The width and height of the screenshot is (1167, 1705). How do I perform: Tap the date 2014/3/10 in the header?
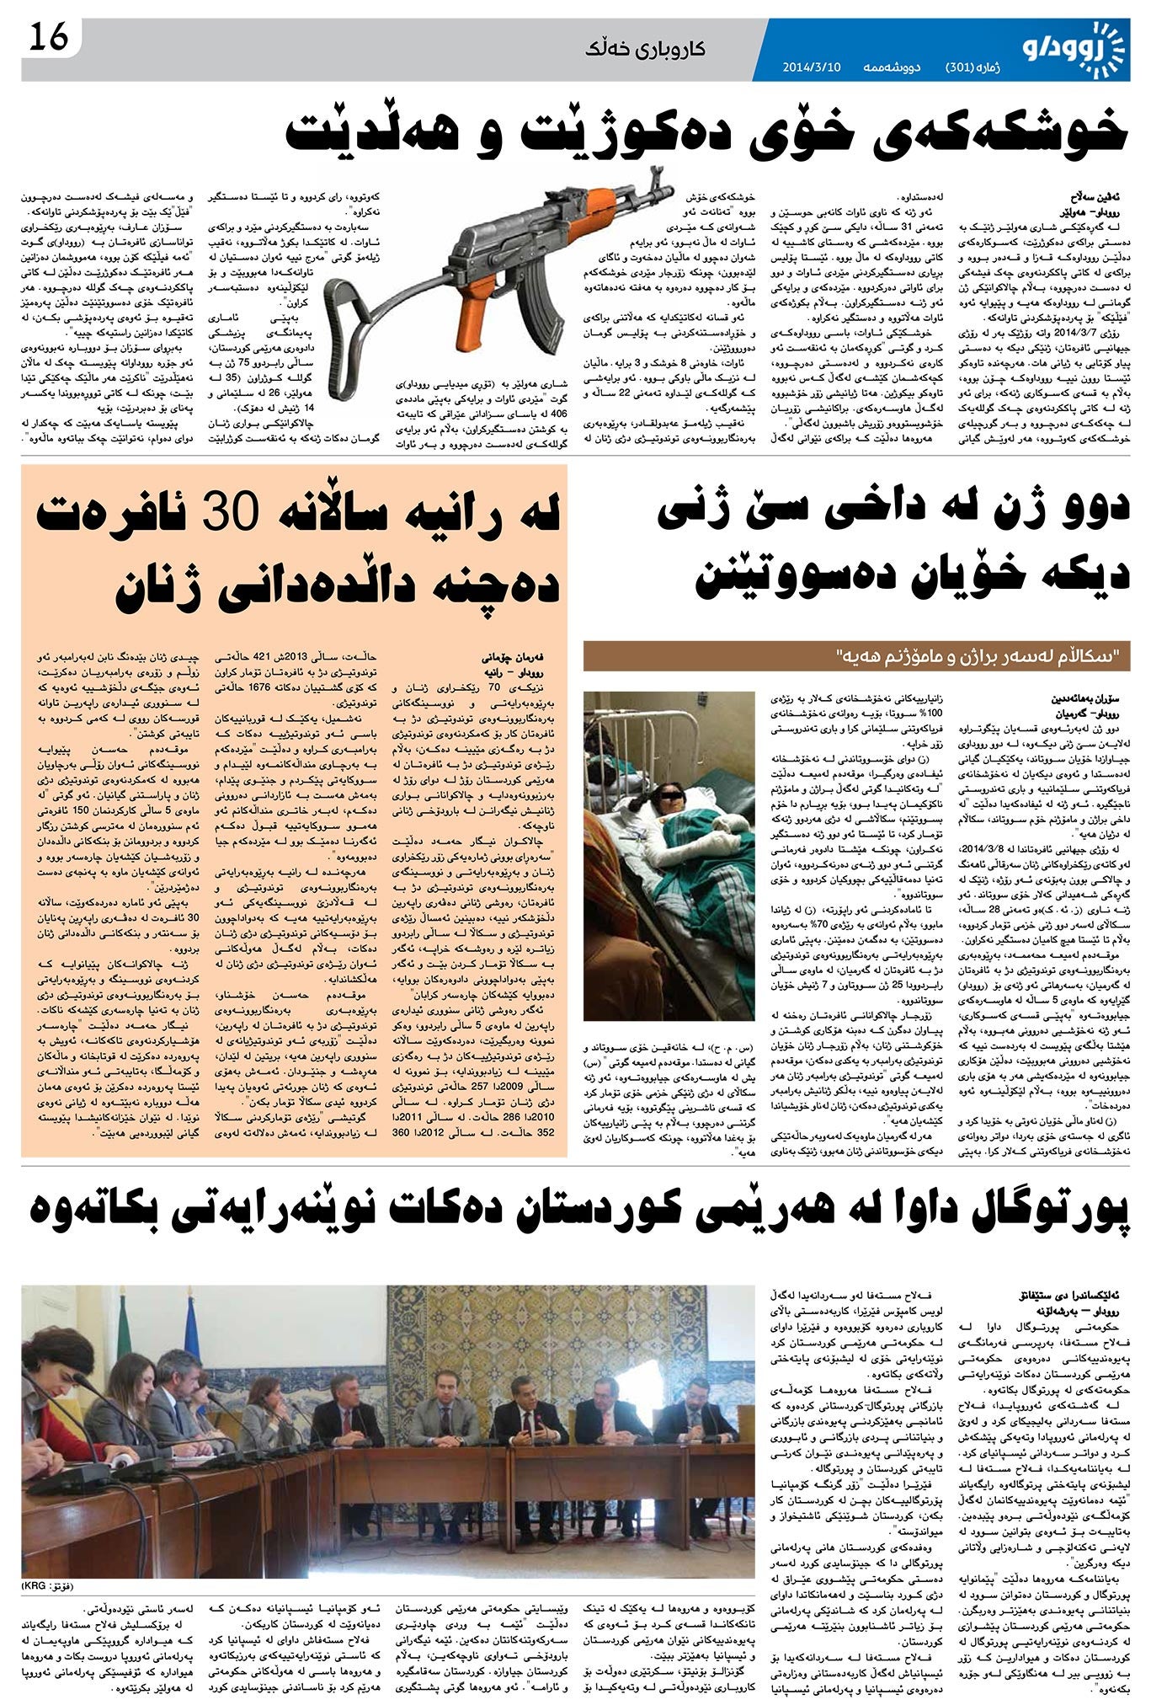point(812,67)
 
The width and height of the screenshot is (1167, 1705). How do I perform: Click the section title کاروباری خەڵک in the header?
point(647,49)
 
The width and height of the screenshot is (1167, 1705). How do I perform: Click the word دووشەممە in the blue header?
point(888,67)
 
